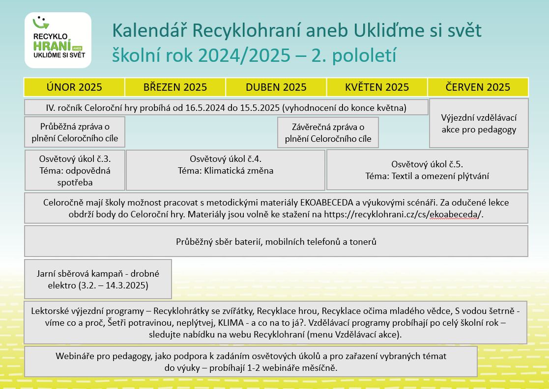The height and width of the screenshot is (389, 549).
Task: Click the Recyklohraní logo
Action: [58, 40]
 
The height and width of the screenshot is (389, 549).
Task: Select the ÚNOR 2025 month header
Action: [74, 87]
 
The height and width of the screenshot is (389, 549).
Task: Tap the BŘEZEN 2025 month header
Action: [175, 87]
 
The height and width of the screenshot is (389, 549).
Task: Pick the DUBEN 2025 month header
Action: [276, 87]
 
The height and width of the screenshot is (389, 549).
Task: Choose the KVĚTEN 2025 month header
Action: [377, 87]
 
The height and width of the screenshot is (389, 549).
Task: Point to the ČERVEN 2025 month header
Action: [478, 87]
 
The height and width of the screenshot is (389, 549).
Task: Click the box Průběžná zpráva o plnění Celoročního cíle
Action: [75, 132]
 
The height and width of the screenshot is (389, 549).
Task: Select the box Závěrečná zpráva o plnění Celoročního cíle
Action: [328, 132]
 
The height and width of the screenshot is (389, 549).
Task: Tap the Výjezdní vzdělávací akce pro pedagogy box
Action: [479, 123]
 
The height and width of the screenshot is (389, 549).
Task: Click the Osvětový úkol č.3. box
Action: [75, 170]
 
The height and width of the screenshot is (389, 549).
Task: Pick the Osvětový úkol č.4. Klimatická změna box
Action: [226, 170]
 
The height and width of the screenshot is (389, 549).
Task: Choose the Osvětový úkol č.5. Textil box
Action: [427, 170]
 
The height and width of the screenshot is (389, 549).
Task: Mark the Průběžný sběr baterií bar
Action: [276, 241]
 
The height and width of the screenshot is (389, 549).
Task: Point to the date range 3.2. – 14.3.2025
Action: [115, 285]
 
